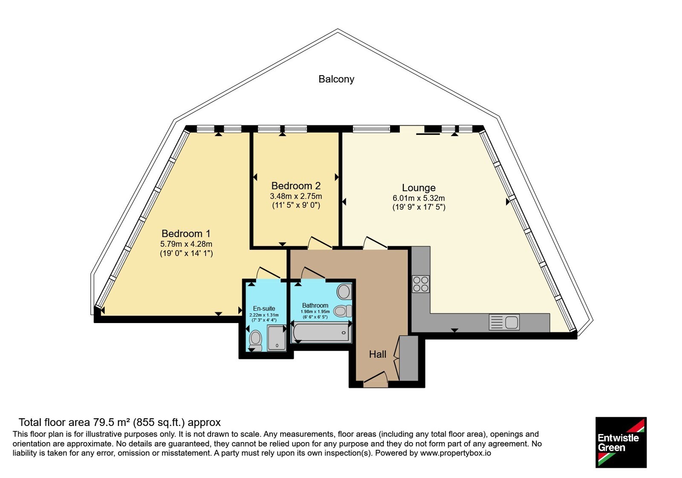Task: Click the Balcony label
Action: pos(336,79)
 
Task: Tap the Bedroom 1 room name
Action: pos(186,233)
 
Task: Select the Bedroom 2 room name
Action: pos(296,186)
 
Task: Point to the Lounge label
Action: pos(419,188)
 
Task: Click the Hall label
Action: pos(378,354)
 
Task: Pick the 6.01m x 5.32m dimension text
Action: pos(419,198)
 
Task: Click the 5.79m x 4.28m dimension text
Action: pos(186,244)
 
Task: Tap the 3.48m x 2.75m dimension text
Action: pos(296,196)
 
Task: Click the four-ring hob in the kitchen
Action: pos(421,284)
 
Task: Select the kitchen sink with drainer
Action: pos(504,322)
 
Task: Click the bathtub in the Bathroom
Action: pos(321,332)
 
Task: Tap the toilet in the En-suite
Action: pos(255,341)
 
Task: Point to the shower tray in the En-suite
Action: pos(277,338)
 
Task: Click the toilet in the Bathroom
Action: pos(343,311)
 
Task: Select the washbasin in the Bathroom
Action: pos(344,291)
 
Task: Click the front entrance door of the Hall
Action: pos(376,379)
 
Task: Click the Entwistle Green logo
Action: pos(621,442)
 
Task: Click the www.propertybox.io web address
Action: pos(456,453)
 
